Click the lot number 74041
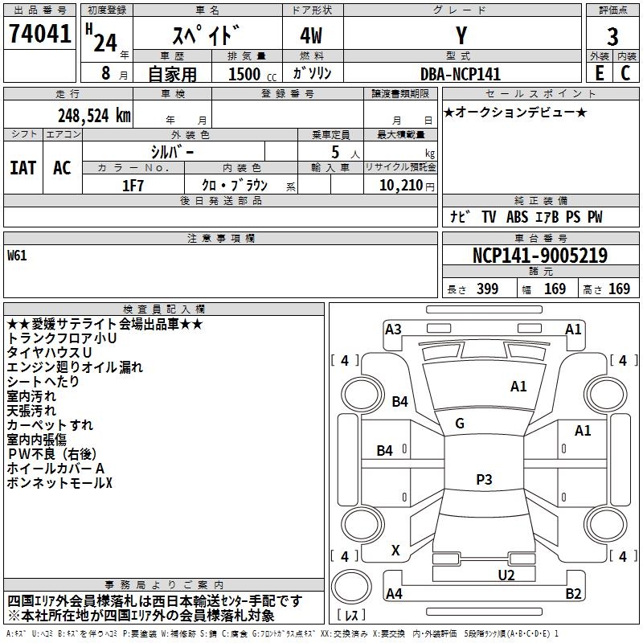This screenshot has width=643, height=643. [40, 33]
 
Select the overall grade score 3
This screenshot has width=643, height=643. [612, 37]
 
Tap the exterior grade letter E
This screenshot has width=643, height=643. [600, 73]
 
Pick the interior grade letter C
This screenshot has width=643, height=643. [625, 73]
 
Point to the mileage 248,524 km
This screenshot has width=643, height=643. [94, 116]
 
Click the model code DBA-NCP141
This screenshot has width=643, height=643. [461, 74]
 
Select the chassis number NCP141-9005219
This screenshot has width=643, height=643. [540, 256]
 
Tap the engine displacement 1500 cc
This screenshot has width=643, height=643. [252, 74]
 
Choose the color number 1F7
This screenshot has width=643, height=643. [133, 186]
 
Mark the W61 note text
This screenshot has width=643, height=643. [17, 256]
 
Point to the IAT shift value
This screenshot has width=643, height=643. [23, 168]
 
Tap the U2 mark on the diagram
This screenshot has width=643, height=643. [506, 575]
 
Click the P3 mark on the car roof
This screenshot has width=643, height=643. [484, 479]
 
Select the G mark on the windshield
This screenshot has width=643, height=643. [460, 424]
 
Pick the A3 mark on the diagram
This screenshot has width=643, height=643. [393, 330]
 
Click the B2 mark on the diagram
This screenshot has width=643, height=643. [573, 593]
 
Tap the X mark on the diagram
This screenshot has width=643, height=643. [395, 550]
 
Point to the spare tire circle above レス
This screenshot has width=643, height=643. [351, 587]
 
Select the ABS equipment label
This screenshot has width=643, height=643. [517, 217]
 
